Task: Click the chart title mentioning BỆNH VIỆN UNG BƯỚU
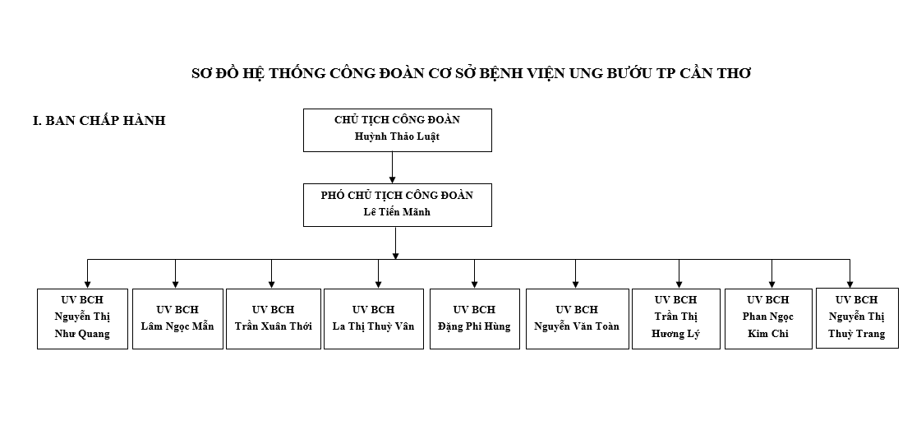[471, 73]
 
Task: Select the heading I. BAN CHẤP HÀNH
[99, 120]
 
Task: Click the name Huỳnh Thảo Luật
[398, 136]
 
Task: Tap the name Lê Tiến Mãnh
[398, 212]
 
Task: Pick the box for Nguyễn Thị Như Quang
[83, 319]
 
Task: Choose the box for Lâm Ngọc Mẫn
[178, 319]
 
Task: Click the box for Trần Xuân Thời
[274, 319]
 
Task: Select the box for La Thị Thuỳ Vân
[373, 319]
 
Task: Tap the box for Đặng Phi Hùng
[475, 319]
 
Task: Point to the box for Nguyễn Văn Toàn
[577, 319]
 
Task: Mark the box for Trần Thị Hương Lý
[676, 319]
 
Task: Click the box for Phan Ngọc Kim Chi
[768, 319]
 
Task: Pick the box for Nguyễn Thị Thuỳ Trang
[857, 318]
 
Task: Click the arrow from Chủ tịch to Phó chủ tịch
[392, 168]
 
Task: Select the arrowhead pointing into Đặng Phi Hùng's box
[475, 284]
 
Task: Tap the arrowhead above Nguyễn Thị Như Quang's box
[87, 284]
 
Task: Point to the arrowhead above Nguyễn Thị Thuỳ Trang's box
[850, 284]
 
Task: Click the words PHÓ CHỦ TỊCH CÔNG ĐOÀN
[398, 196]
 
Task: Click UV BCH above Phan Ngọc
[768, 300]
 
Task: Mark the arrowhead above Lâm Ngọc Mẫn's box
[175, 284]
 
